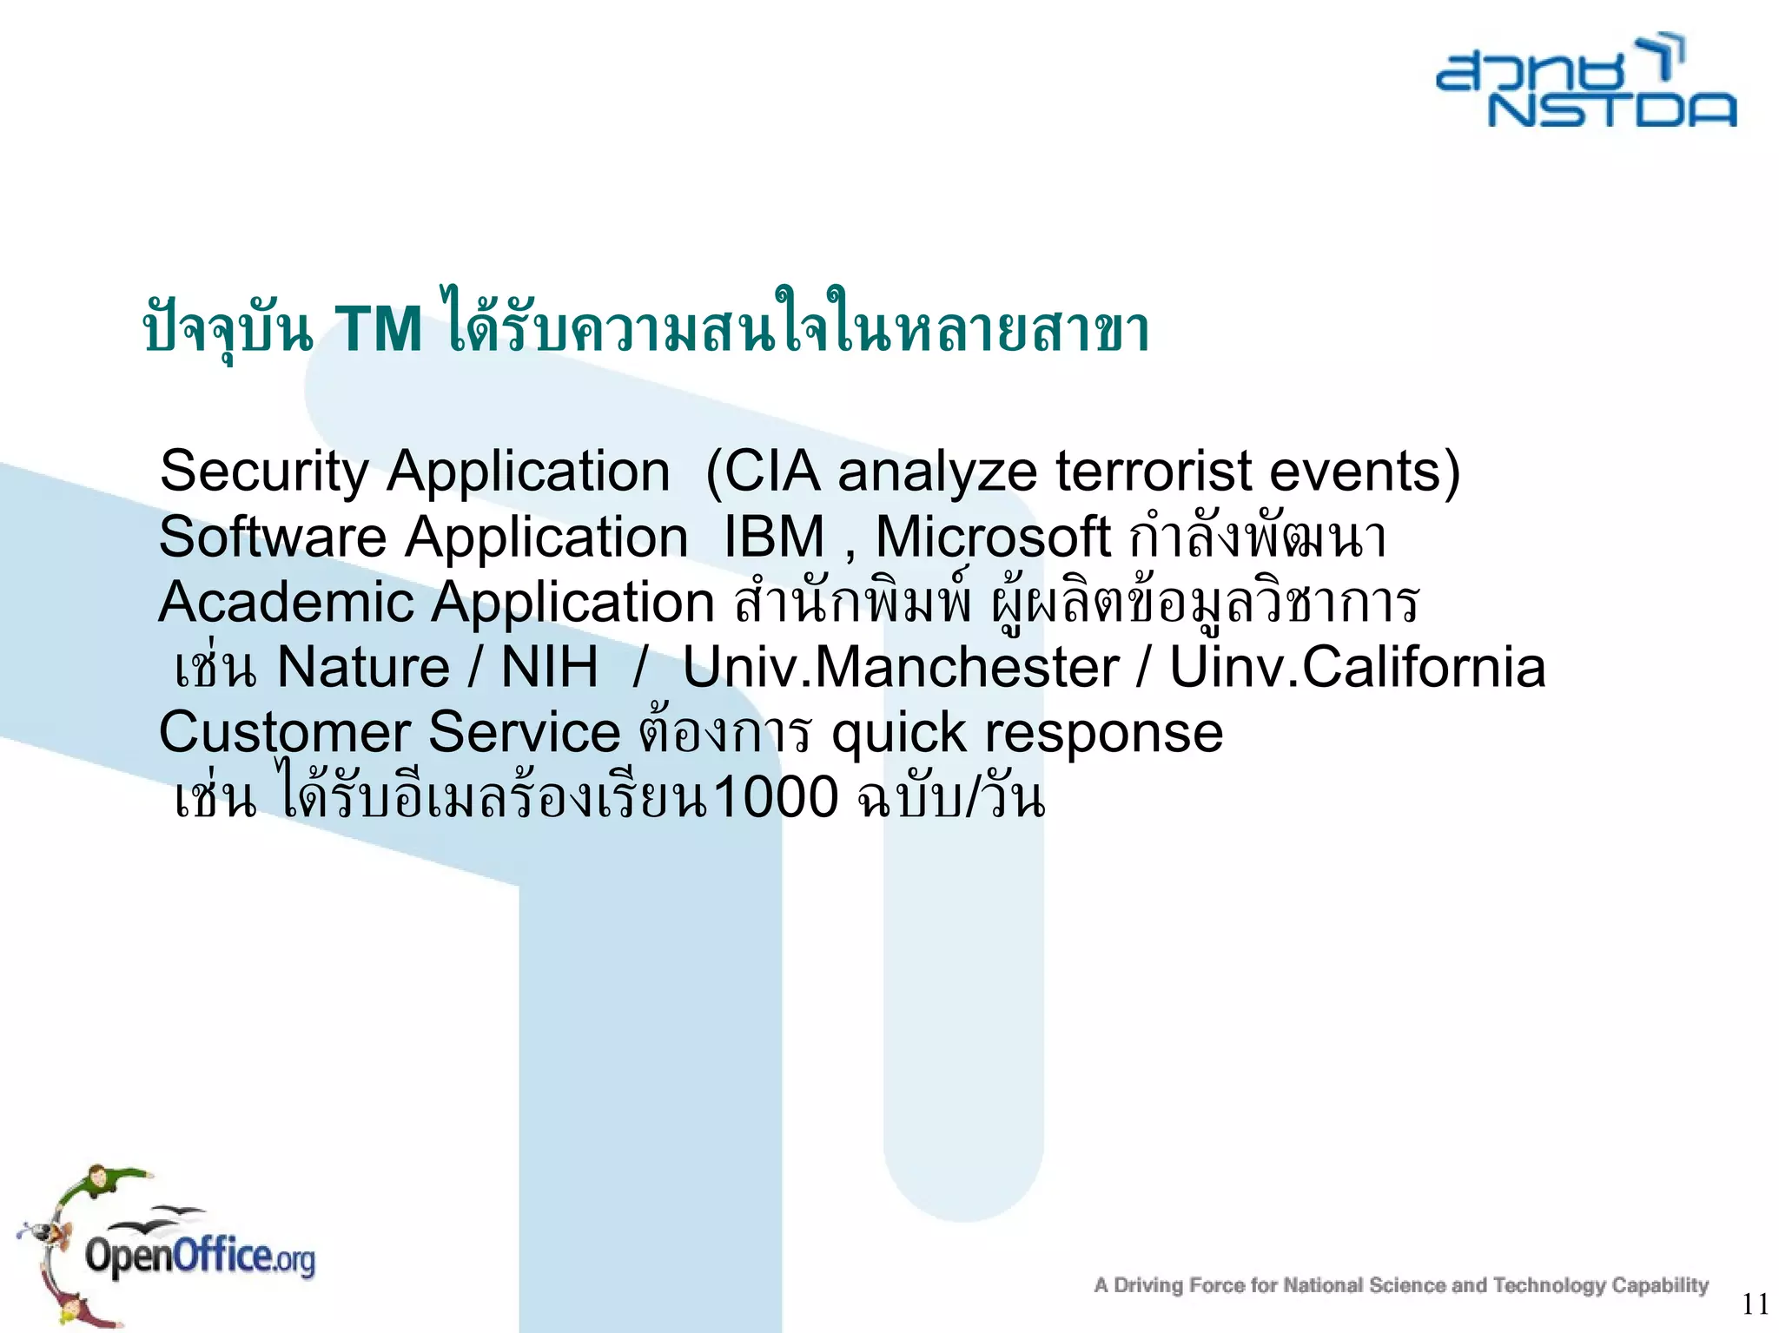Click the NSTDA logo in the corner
[1586, 83]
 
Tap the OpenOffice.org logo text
[200, 1257]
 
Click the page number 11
[1755, 1303]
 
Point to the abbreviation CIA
[771, 472]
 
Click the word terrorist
[1153, 472]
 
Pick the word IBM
[774, 537]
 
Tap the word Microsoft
[992, 537]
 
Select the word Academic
[286, 602]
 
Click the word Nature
[362, 667]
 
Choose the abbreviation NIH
[549, 667]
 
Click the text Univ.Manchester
[900, 667]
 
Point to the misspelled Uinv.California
[1357, 667]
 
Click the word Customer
[284, 732]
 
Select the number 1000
[775, 797]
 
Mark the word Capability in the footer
[1660, 1284]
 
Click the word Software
[272, 537]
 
